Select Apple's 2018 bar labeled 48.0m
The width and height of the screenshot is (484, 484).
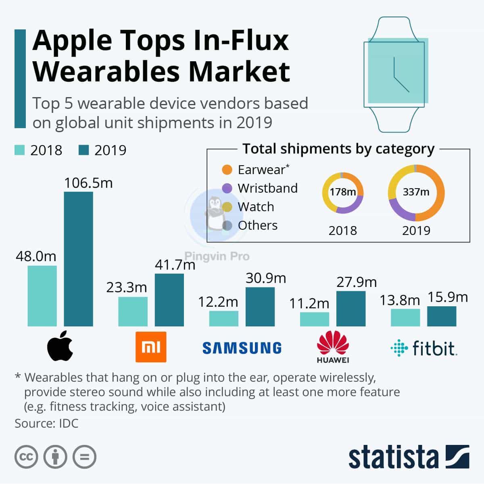coord(42,296)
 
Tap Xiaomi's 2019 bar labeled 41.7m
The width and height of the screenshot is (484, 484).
coord(169,300)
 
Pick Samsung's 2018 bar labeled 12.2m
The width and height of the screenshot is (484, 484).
coord(223,318)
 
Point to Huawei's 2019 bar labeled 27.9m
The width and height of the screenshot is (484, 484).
coord(350,308)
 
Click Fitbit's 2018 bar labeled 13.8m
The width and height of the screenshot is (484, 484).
coord(405,318)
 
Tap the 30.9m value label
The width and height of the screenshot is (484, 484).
coord(266,278)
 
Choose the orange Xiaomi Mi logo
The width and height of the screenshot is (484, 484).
coord(151,347)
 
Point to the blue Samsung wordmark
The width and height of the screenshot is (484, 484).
coord(242,348)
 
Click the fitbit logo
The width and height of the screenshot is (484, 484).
coord(423,348)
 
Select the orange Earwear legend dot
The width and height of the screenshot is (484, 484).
coord(227,170)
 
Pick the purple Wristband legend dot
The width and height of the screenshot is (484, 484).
coord(227,188)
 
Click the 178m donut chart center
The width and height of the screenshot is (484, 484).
coord(342,192)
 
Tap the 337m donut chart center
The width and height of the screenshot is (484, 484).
coord(416,192)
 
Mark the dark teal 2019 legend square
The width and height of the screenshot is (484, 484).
coord(83,150)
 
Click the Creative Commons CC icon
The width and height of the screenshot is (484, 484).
coord(26,457)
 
